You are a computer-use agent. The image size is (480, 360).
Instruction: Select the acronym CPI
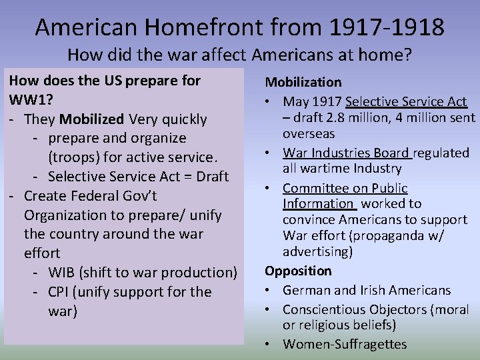click(61, 292)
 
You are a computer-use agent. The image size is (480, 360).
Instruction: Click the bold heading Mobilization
click(303, 83)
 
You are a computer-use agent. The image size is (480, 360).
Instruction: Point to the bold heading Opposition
click(298, 271)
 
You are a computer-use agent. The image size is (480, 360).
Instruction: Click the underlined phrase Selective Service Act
click(407, 101)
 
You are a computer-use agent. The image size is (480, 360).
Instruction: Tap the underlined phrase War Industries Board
click(346, 153)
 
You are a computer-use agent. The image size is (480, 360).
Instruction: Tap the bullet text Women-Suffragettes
click(345, 344)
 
